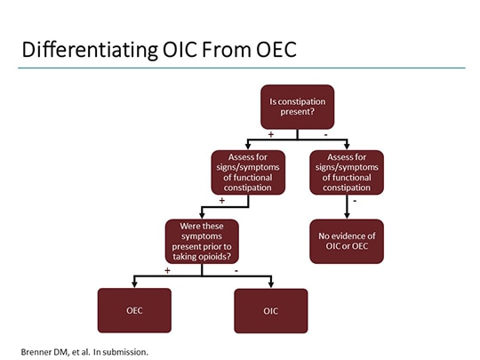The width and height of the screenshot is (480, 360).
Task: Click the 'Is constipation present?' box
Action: click(298, 108)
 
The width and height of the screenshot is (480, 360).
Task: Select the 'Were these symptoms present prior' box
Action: click(201, 242)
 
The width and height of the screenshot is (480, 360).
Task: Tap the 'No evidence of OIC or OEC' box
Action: click(347, 241)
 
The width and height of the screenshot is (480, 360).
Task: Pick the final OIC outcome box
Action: click(270, 310)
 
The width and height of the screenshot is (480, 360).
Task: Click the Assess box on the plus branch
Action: click(247, 171)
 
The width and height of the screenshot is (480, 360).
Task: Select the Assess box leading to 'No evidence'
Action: click(347, 171)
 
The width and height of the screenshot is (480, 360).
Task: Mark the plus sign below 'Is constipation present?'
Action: click(271, 134)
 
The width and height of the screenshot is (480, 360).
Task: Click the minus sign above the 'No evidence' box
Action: click(356, 201)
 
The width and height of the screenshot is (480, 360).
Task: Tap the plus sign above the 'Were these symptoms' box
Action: click(221, 201)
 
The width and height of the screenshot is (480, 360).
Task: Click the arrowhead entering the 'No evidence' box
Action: click(347, 215)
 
